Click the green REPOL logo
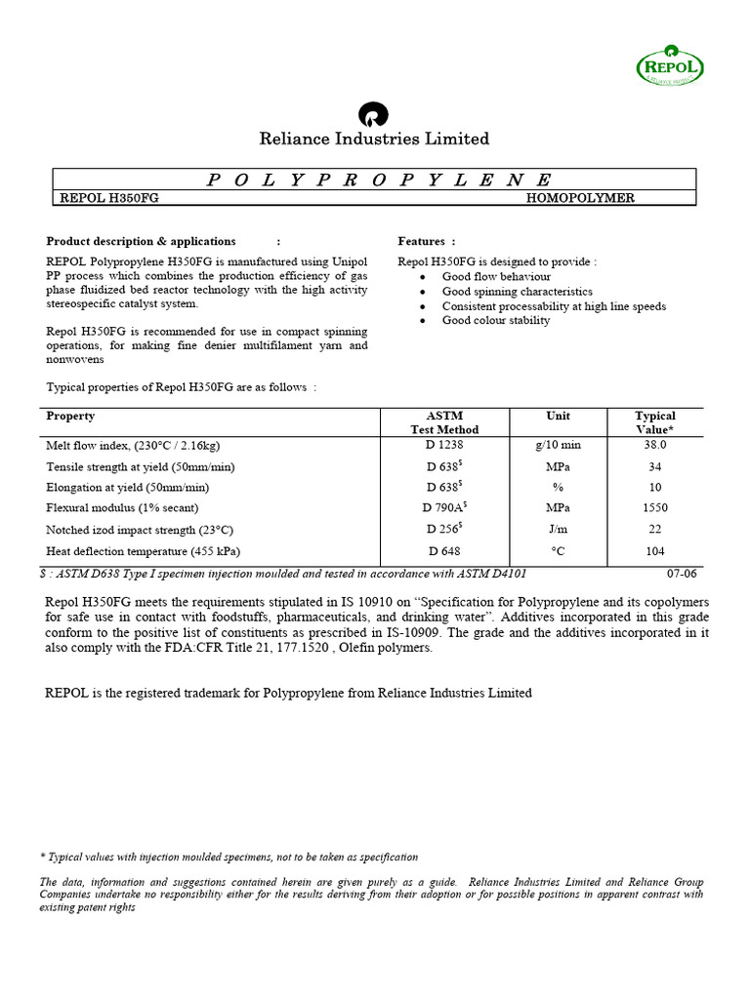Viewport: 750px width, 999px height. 670,67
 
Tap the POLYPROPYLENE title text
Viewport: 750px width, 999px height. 379,180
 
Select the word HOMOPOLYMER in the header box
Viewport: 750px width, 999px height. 580,198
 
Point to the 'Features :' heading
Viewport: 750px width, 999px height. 426,241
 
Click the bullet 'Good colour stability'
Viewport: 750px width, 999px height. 495,320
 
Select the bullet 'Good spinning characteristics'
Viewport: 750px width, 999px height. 517,291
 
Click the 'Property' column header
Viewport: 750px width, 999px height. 70,416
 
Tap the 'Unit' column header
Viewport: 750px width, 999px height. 559,416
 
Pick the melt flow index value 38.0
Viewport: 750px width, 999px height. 655,444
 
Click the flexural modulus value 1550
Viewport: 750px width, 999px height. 655,507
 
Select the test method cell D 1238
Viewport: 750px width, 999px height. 444,444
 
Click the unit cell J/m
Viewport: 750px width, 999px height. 559,529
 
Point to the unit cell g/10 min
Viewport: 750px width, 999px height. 559,444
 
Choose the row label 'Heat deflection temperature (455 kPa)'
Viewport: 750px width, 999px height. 143,551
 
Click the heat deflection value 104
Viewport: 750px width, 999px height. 655,551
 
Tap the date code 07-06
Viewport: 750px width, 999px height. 682,573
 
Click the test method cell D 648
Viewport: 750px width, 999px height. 444,551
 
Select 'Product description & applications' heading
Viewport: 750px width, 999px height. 141,241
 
